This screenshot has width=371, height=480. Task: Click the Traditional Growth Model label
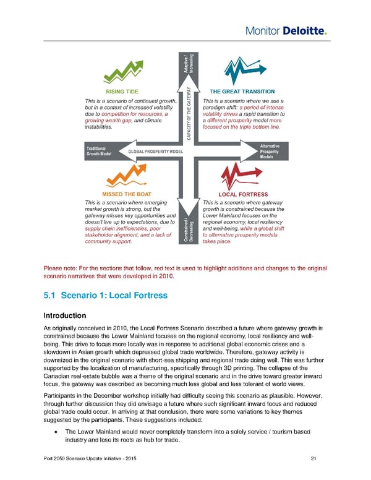96,152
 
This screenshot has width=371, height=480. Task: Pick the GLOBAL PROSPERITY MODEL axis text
155,152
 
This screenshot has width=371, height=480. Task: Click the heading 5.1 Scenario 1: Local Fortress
106,296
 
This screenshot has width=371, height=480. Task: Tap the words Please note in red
59,268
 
